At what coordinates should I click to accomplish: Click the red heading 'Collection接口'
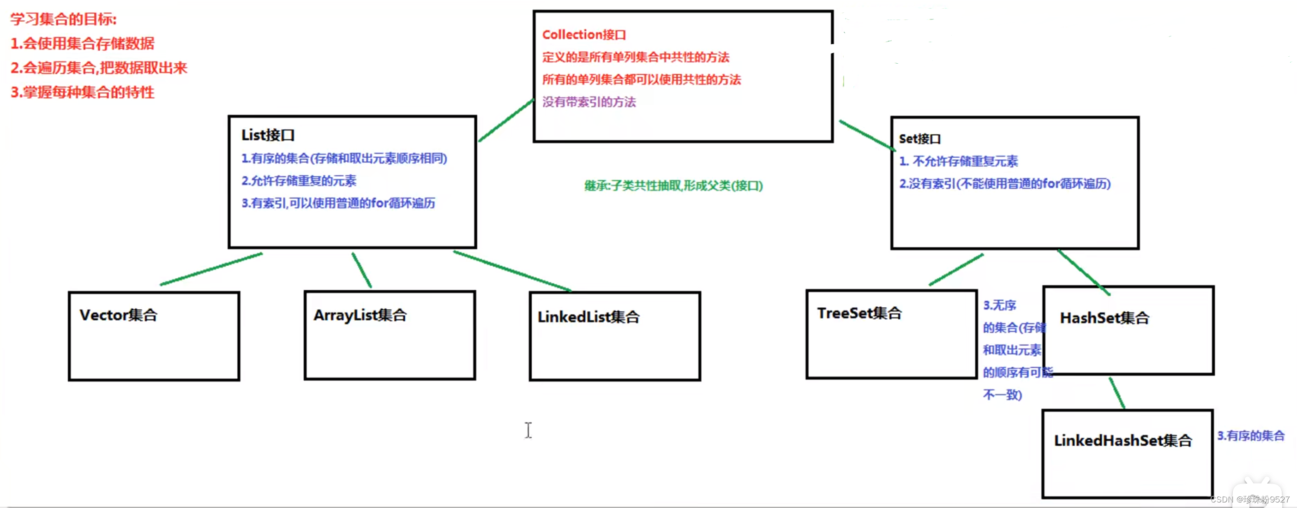coord(583,35)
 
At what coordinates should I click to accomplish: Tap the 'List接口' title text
coord(268,135)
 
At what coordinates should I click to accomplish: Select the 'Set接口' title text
coord(919,139)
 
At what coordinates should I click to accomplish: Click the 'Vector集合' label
coord(119,315)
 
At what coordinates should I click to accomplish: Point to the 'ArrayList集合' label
coord(360,315)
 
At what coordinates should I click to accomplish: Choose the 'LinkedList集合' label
coord(588,317)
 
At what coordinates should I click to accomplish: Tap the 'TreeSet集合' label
coord(859,313)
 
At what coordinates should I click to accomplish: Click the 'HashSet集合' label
coord(1104,318)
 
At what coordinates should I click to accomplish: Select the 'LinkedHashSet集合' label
coord(1123,441)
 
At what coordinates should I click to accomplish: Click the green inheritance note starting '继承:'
coord(673,186)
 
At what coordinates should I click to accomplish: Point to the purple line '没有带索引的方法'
coord(588,102)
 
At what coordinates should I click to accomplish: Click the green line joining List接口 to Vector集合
coord(211,269)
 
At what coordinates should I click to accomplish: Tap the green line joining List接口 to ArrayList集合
coord(361,270)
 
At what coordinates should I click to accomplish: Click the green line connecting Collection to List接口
coord(506,120)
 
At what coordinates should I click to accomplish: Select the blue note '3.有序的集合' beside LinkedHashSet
coord(1251,436)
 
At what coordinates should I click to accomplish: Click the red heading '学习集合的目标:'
coord(63,19)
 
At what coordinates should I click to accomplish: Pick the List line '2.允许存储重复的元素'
coord(299,181)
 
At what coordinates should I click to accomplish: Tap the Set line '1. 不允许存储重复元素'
coord(958,161)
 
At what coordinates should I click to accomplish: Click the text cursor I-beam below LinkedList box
coord(528,430)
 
